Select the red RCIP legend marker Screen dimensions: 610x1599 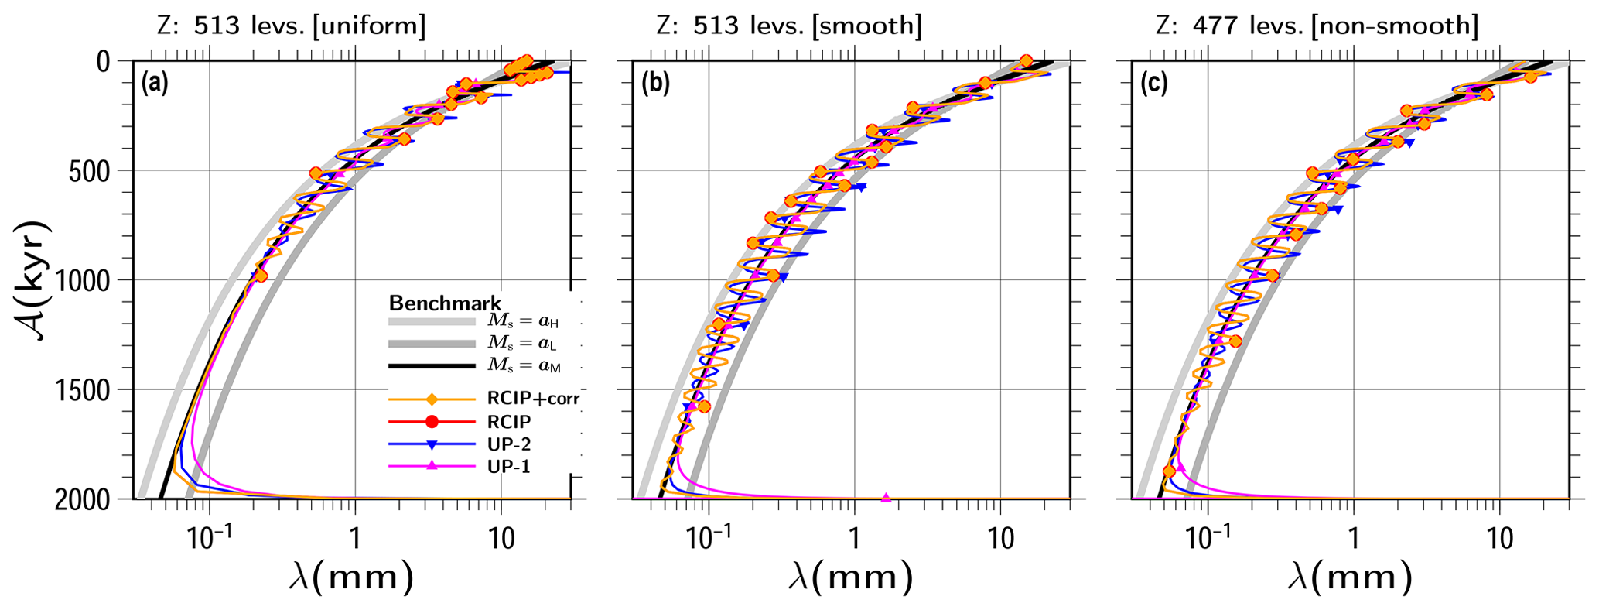pos(432,422)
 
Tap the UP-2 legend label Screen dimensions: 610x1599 pos(508,444)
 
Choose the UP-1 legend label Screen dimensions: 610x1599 pos(508,466)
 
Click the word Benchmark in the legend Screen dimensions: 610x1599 pos(445,303)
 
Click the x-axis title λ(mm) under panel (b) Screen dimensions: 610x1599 pos(850,577)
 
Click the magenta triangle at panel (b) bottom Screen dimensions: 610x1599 pos(887,497)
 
